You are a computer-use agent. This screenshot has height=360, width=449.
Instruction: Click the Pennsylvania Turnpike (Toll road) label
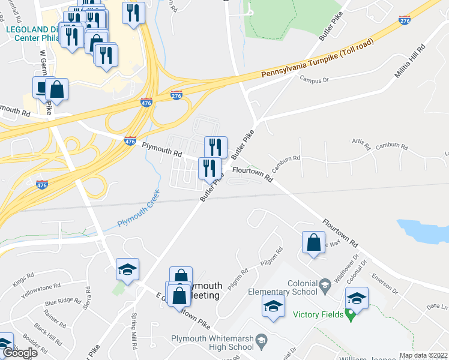pos(318,58)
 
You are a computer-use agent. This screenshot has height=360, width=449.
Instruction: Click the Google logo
pos(20,353)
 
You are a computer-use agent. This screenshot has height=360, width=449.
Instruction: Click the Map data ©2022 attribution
pos(423,355)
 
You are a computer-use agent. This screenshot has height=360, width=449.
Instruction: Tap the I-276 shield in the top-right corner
pos(405,21)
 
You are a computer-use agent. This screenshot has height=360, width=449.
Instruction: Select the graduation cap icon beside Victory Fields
pos(357,298)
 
